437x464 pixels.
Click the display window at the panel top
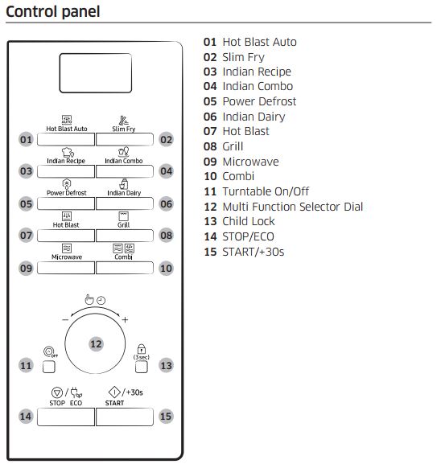[96, 73]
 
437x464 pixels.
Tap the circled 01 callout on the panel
[26, 139]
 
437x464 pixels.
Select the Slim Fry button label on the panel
[123, 129]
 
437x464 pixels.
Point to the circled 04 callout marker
[166, 170]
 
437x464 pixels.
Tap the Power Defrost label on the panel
[67, 193]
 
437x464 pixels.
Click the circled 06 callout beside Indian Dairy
[166, 203]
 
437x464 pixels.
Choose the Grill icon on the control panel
[123, 216]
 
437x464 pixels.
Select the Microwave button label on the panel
[67, 257]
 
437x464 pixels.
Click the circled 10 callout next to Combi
[166, 268]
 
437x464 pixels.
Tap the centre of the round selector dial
[96, 343]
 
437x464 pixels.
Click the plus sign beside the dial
[125, 320]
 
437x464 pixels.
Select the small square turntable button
[48, 367]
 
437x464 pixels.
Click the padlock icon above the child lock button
[142, 347]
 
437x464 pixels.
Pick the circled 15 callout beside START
[166, 417]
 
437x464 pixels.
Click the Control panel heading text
[52, 12]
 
